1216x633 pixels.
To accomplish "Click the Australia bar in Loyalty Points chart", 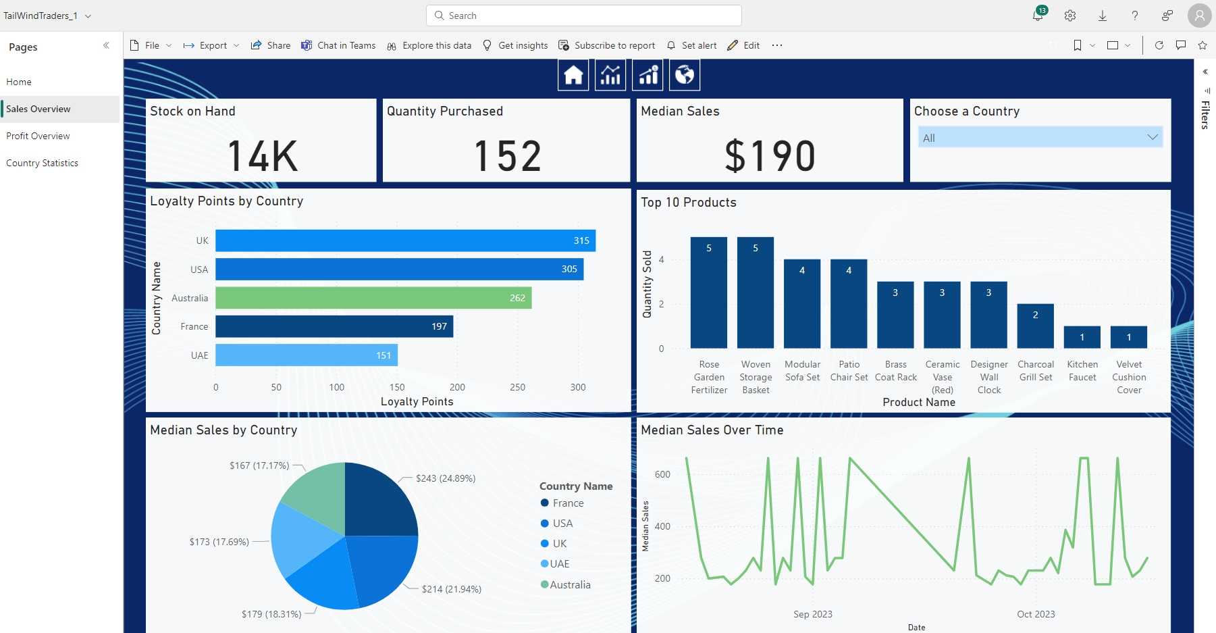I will pyautogui.click(x=373, y=298).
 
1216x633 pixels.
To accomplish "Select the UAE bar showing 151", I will pyautogui.click(x=306, y=355).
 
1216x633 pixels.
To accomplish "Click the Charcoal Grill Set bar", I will pyautogui.click(x=1035, y=326).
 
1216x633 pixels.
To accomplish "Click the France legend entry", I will pyautogui.click(x=567, y=503).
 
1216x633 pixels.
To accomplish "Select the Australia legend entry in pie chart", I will pyautogui.click(x=569, y=585).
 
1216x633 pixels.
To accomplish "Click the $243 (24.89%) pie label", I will pyautogui.click(x=446, y=478).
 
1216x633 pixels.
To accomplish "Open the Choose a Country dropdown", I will pyautogui.click(x=1040, y=138).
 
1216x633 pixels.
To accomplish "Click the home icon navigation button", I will pyautogui.click(x=573, y=75).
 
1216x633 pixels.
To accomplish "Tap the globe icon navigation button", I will pyautogui.click(x=684, y=75).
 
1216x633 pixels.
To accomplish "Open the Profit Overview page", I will pyautogui.click(x=38, y=136).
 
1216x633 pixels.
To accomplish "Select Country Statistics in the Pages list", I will pyautogui.click(x=42, y=163).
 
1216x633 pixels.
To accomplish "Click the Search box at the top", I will pyautogui.click(x=584, y=16).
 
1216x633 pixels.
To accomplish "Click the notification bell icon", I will pyautogui.click(x=1038, y=16).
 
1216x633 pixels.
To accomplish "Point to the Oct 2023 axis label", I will pyautogui.click(x=1036, y=614).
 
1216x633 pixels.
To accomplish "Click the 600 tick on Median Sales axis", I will pyautogui.click(x=662, y=474).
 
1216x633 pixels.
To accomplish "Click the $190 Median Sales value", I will pyautogui.click(x=770, y=155).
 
